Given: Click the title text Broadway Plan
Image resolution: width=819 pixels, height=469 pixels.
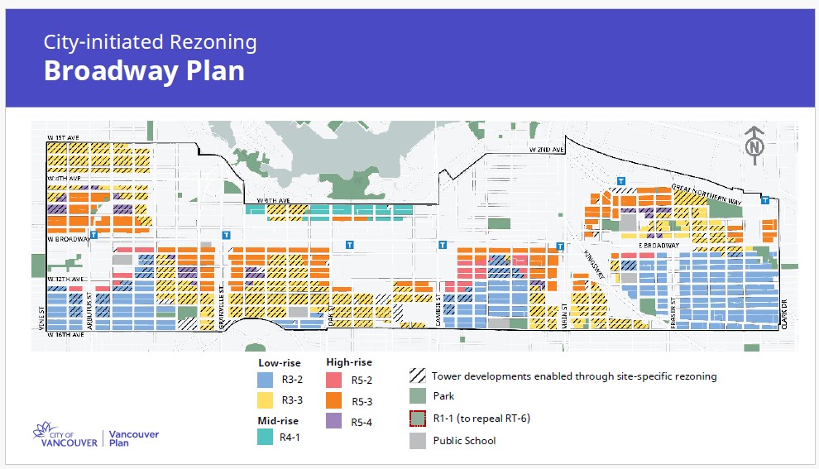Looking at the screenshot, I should pos(144,71).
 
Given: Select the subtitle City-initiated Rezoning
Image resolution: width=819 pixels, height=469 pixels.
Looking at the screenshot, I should pos(151,42).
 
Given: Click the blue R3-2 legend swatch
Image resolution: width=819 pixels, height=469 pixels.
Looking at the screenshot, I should pos(265,380).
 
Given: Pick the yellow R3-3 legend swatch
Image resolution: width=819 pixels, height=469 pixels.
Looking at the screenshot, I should pos(265,401).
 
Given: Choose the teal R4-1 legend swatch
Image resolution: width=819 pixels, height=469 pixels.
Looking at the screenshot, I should pos(265,438).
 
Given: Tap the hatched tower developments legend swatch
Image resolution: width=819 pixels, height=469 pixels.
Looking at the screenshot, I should pos(418,376).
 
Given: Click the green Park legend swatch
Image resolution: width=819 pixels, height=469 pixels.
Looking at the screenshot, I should pos(418,396).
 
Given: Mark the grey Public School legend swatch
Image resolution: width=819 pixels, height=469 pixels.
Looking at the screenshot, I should pos(418,440).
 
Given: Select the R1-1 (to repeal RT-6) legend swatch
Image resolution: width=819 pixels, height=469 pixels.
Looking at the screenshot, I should pos(418,418).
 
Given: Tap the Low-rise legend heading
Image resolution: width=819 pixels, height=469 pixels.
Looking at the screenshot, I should pos(279,362).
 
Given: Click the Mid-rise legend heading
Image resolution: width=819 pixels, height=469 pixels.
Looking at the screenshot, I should pos(278,420).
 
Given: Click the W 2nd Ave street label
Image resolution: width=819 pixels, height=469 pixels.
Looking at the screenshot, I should pos(547,150).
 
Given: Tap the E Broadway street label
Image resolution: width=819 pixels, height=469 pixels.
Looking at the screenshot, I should pos(658,246).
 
